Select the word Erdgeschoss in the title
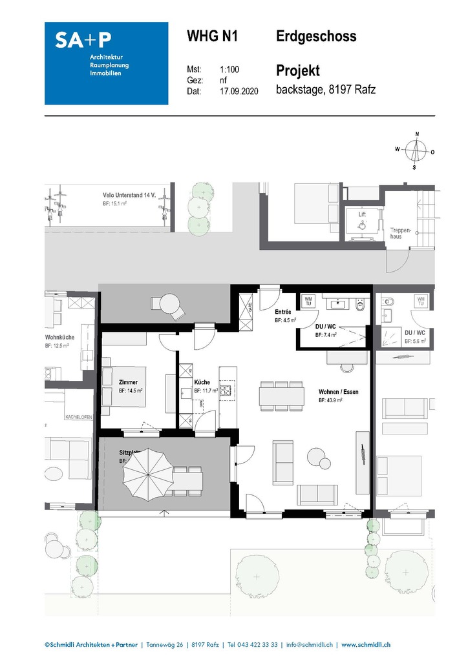316,37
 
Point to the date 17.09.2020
239,91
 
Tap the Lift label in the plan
363,214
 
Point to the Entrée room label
283,312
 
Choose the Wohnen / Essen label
339,392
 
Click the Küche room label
202,382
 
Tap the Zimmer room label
128,382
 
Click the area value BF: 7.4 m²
328,335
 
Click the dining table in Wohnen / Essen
281,394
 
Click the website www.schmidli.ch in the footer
366,644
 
